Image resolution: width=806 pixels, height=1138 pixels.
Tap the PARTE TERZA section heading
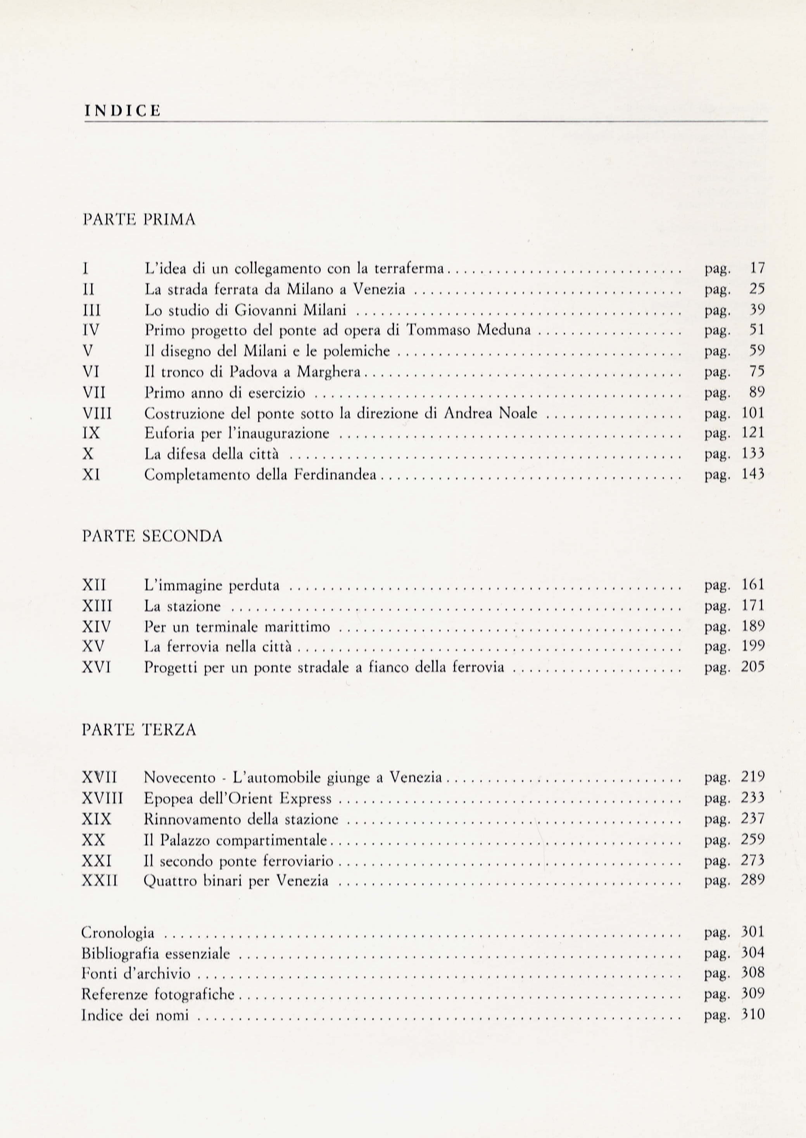coord(138,730)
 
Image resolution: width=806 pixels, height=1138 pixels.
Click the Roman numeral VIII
coord(98,413)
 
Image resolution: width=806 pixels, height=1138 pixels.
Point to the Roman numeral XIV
coord(96,627)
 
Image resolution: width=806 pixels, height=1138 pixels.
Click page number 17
coord(758,268)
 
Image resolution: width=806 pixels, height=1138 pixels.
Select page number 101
coord(753,413)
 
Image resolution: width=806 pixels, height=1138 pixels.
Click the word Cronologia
coord(117,933)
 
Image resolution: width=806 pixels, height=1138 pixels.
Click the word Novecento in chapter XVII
coord(179,777)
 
